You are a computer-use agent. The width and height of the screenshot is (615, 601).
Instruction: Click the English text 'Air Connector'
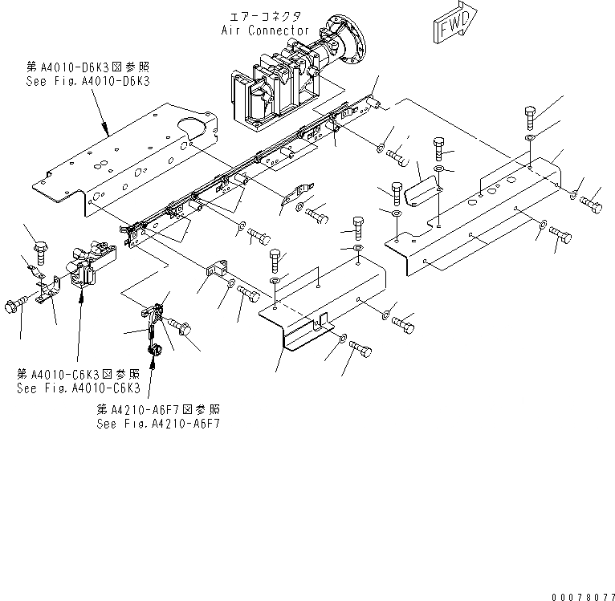[x=266, y=30]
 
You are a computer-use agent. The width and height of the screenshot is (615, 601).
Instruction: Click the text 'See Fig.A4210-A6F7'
[x=157, y=423]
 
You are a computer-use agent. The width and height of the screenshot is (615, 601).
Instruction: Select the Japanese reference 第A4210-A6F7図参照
[x=157, y=410]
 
